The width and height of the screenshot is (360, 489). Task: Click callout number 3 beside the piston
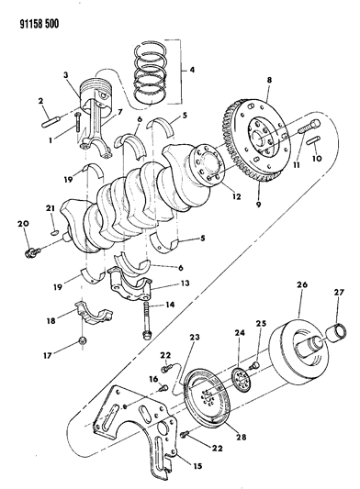[x=66, y=75]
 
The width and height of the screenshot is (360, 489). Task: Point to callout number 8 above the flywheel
[x=268, y=81]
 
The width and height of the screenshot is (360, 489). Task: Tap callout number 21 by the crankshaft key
[x=51, y=209]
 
